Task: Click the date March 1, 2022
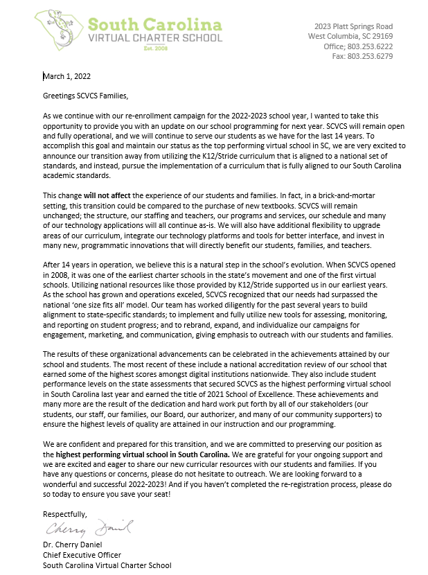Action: tap(66, 76)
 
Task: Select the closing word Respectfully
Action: tap(65, 513)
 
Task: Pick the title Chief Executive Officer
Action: tap(82, 555)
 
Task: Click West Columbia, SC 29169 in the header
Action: tap(350, 36)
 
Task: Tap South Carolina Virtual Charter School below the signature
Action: tap(107, 565)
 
